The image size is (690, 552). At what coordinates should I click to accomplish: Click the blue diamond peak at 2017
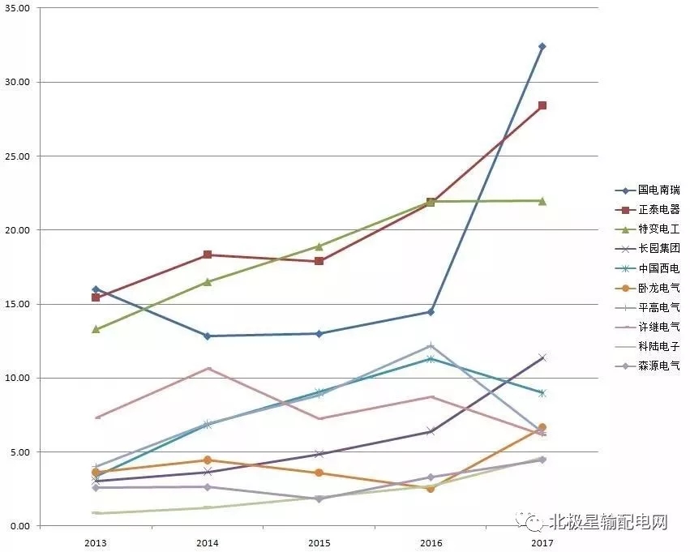pos(542,46)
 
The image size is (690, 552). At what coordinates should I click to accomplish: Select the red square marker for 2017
pos(542,105)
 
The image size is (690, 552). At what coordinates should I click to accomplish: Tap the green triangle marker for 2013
pos(96,329)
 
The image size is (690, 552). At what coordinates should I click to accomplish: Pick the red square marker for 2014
pos(208,255)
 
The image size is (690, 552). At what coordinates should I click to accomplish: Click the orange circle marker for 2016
pos(431,489)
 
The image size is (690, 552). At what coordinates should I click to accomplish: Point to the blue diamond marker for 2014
pos(208,336)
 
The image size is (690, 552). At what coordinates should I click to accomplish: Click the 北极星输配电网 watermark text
pos(607,520)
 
